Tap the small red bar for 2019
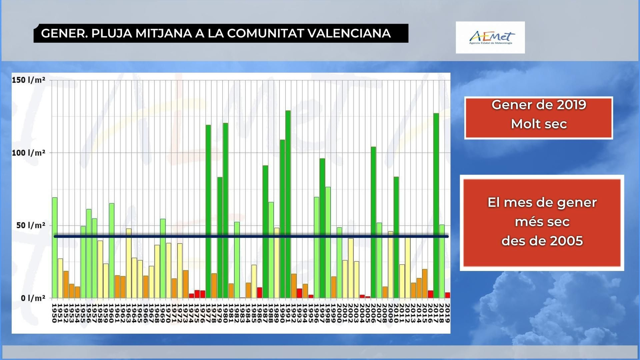pyautogui.click(x=447, y=295)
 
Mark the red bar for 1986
pyautogui.click(x=260, y=293)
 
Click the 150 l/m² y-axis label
pyautogui.click(x=28, y=80)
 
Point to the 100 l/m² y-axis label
pyautogui.click(x=28, y=153)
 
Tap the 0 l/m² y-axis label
pyautogui.click(x=30, y=298)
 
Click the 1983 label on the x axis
pyautogui.click(x=242, y=313)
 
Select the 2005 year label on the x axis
pyautogui.click(x=368, y=313)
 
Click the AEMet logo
pyautogui.click(x=490, y=38)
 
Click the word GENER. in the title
pyautogui.click(x=64, y=33)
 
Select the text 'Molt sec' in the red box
pyautogui.click(x=539, y=124)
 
